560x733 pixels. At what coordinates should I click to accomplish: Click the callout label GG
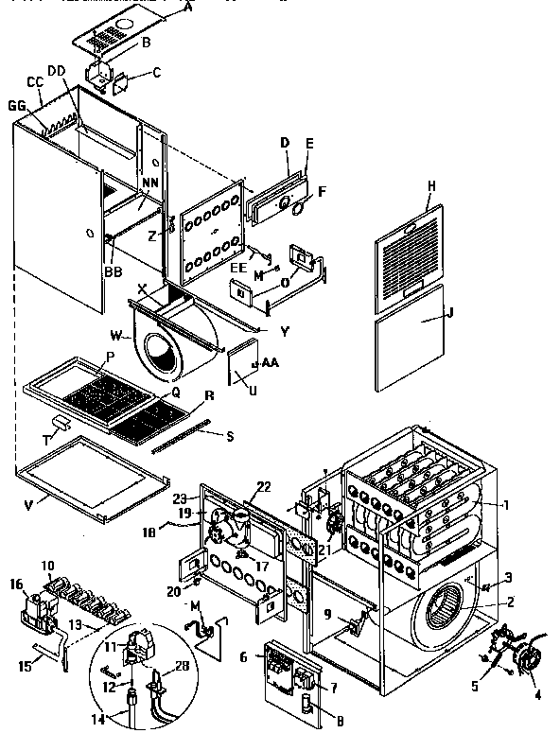tap(16, 105)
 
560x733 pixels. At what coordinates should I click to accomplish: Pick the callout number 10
tap(49, 565)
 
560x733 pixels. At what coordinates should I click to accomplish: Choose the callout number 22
tap(264, 486)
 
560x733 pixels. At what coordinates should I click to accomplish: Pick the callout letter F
tap(322, 190)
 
